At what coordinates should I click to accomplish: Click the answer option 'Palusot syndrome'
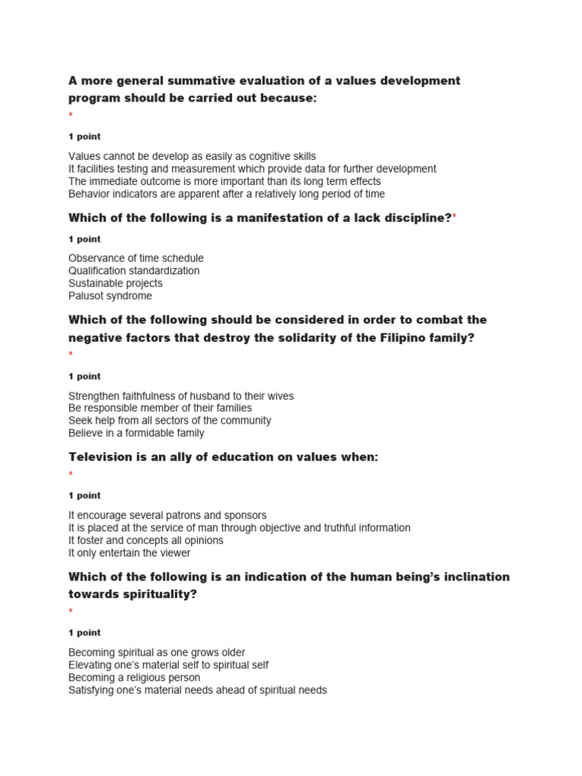[110, 296]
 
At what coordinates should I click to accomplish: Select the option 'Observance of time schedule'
[136, 258]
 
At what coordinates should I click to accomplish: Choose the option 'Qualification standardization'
[134, 271]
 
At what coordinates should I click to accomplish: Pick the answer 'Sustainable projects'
[115, 283]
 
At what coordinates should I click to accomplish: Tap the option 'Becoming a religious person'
[134, 677]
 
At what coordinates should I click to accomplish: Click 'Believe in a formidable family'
[136, 433]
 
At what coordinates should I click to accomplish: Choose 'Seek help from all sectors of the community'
[169, 420]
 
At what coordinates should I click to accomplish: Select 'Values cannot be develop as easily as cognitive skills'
[192, 156]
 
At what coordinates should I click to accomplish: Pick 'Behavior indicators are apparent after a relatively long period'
[227, 194]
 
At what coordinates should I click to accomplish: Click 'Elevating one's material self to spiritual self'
[168, 665]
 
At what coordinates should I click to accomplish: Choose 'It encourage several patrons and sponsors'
[167, 515]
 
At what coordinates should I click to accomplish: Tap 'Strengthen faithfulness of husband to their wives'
[180, 396]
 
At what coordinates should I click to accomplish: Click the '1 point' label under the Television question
[84, 496]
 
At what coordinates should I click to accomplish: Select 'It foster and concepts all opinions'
[145, 540]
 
